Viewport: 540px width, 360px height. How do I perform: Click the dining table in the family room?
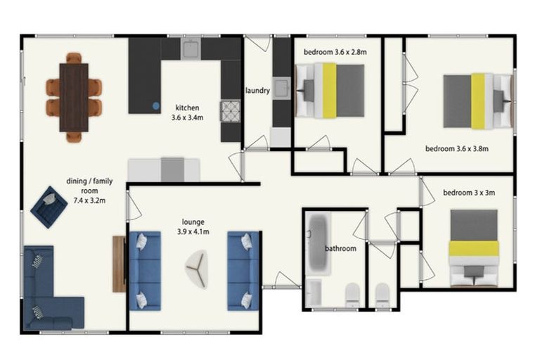coord(74,97)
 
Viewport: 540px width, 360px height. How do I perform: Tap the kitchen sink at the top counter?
coord(191,49)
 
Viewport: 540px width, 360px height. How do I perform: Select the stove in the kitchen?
coord(230,111)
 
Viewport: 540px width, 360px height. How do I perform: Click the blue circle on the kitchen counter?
coord(156,106)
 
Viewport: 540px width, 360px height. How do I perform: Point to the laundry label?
coord(257,91)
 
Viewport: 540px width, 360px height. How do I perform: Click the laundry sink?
coord(281,89)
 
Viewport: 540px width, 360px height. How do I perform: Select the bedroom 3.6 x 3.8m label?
coord(457,149)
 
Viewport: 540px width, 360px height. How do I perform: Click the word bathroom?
coord(340,249)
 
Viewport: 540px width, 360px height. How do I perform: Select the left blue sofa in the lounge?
coord(144,271)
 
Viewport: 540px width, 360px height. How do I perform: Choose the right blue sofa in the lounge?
coord(243,271)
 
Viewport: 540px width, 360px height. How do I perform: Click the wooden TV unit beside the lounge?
coord(118,264)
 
